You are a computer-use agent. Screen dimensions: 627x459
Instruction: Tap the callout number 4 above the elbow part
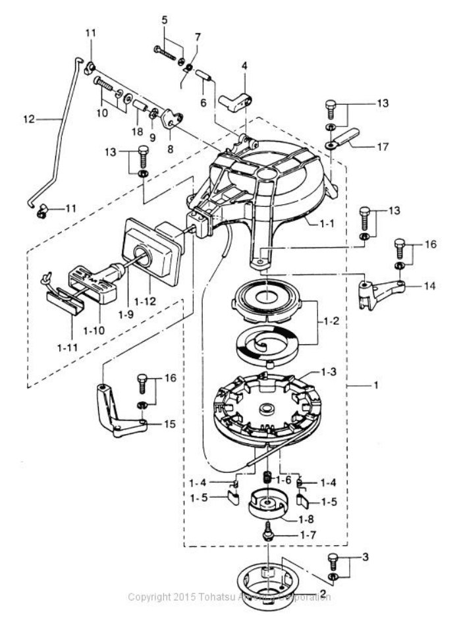[x=244, y=66]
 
